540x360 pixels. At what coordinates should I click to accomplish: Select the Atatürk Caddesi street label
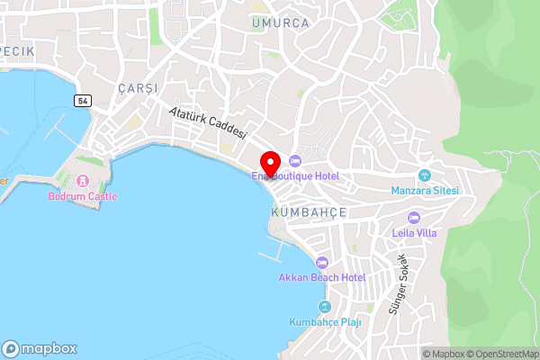tap(208, 121)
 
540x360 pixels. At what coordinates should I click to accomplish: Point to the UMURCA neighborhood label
tap(280, 22)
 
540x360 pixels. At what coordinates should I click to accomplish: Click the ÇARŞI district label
tap(137, 87)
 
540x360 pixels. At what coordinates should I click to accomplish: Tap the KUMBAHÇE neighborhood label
tap(309, 211)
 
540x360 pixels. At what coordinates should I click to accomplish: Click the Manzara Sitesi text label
tap(425, 191)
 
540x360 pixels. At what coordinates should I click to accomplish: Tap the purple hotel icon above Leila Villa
tap(414, 217)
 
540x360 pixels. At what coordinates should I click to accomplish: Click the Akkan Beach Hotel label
tap(321, 277)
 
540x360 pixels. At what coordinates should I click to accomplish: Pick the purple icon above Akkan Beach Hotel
tap(321, 262)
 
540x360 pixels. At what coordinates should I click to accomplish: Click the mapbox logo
tap(40, 348)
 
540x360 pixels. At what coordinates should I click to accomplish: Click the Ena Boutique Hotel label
tap(301, 176)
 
